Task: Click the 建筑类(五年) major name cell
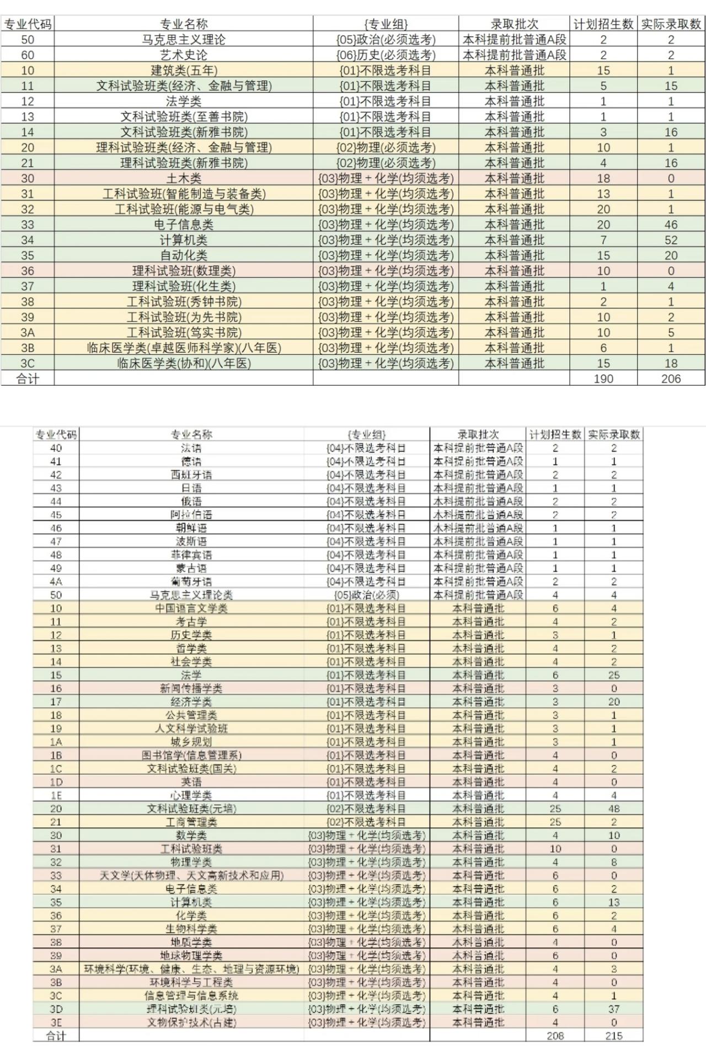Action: coord(184,71)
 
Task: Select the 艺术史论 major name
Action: coord(184,55)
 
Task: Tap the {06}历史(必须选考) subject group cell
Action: coord(386,55)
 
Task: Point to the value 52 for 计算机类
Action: coord(671,240)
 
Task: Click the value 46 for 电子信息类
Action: coord(671,225)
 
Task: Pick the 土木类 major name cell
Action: coord(184,179)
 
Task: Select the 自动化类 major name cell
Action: coord(184,255)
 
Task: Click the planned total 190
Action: coord(603,379)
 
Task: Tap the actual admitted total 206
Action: coord(671,379)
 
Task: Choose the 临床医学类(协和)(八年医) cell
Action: coord(184,364)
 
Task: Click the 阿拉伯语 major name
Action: coord(191,515)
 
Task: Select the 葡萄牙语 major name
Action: coord(191,582)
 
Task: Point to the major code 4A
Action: coord(56,582)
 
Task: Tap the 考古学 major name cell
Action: coord(191,622)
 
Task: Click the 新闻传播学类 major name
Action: coord(191,689)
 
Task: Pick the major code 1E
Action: coord(56,795)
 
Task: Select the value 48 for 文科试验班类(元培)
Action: coord(613,809)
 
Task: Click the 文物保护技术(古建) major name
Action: coord(191,1022)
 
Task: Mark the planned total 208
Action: coord(555,1036)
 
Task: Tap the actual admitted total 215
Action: coord(613,1036)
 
